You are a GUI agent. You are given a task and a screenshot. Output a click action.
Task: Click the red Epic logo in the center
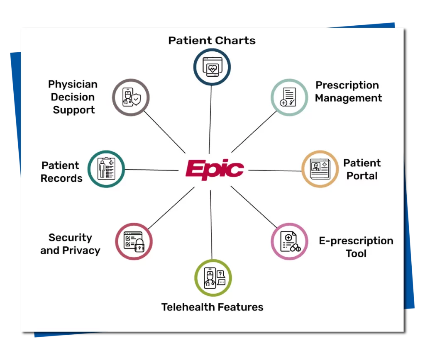215,169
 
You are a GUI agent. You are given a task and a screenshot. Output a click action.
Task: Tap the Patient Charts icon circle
212,67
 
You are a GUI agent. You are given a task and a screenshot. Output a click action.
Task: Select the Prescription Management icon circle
289,97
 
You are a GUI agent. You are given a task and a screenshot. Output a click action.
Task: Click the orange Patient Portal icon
320,169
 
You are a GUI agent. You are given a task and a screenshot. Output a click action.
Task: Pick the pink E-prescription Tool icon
289,241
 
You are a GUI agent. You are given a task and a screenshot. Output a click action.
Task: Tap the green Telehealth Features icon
213,278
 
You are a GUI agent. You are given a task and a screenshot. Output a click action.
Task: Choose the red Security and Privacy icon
134,241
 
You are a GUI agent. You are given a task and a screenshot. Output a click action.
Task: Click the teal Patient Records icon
106,169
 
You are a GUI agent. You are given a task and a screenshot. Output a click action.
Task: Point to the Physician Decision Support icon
131,97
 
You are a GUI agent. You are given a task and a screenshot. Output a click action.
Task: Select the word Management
348,98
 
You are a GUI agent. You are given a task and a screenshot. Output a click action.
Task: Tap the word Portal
362,176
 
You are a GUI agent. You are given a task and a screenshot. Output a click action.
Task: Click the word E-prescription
356,241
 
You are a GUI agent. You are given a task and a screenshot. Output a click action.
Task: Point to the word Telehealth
188,307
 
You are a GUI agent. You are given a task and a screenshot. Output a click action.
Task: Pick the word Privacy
81,251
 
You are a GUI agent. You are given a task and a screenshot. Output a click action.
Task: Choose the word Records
61,178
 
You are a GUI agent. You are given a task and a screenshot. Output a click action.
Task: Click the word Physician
73,85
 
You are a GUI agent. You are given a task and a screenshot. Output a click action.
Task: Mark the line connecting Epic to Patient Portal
275,170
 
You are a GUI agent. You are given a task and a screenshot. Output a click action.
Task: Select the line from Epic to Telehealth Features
211,225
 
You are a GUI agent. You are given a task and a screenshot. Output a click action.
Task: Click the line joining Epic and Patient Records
152,170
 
